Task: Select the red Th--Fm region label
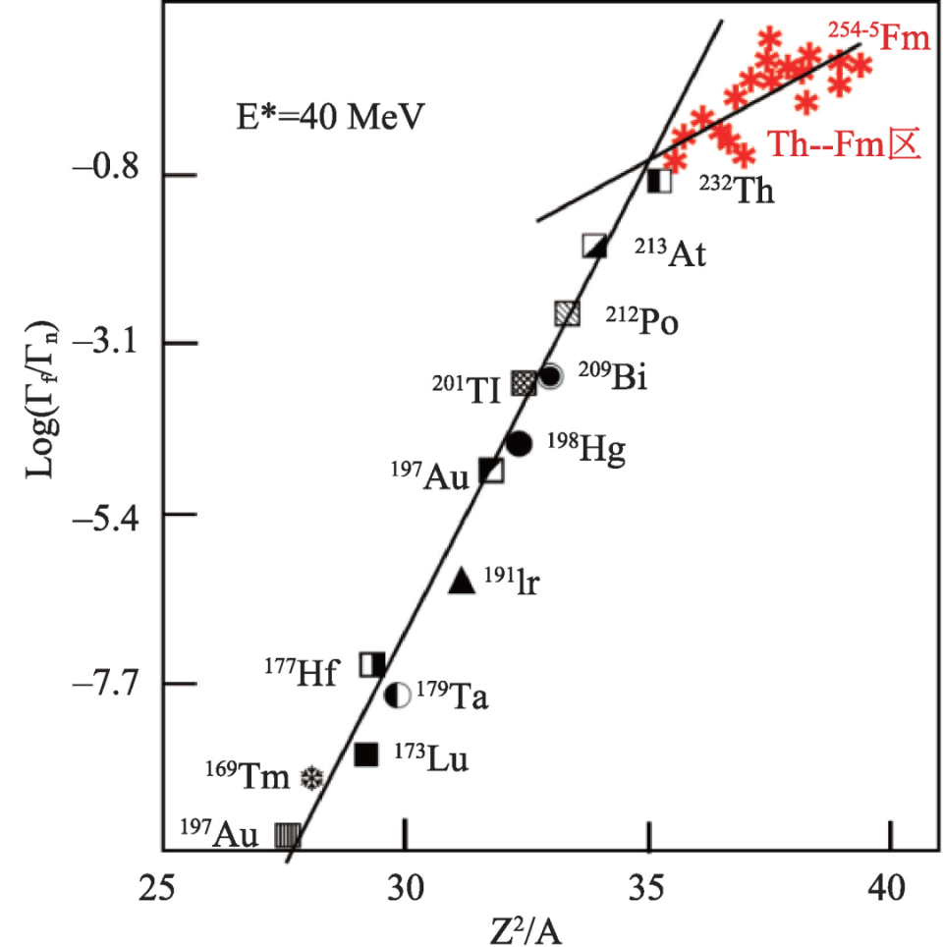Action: (843, 145)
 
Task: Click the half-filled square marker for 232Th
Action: (660, 181)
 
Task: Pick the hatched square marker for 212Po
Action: (567, 313)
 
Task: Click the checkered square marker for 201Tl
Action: (525, 382)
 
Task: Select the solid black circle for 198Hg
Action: (519, 443)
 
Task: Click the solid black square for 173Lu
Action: (366, 753)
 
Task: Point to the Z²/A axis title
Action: (526, 927)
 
